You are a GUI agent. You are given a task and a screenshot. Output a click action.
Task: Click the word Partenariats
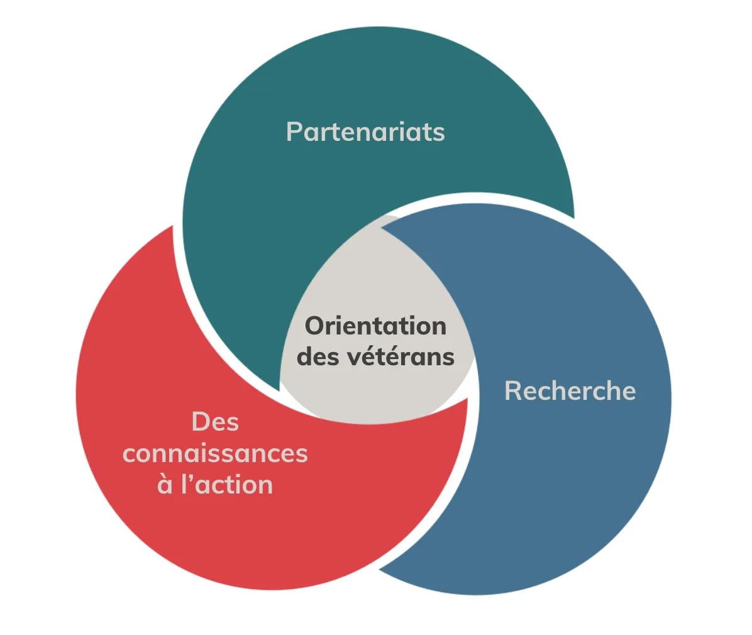[x=365, y=132]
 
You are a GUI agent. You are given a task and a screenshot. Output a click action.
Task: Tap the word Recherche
[x=570, y=391]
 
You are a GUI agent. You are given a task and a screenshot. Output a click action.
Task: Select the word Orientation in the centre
[x=375, y=326]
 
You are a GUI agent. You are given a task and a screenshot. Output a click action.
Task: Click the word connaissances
[x=215, y=453]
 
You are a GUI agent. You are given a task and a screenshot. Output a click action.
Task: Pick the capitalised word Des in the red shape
[x=215, y=422]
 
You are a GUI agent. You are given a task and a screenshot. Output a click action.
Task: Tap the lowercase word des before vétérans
[x=318, y=356]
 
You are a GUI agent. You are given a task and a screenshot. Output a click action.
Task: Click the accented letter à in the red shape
[x=165, y=485]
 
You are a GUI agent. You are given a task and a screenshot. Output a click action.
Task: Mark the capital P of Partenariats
[x=293, y=132]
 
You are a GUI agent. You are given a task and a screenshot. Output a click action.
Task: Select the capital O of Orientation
[x=314, y=326]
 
